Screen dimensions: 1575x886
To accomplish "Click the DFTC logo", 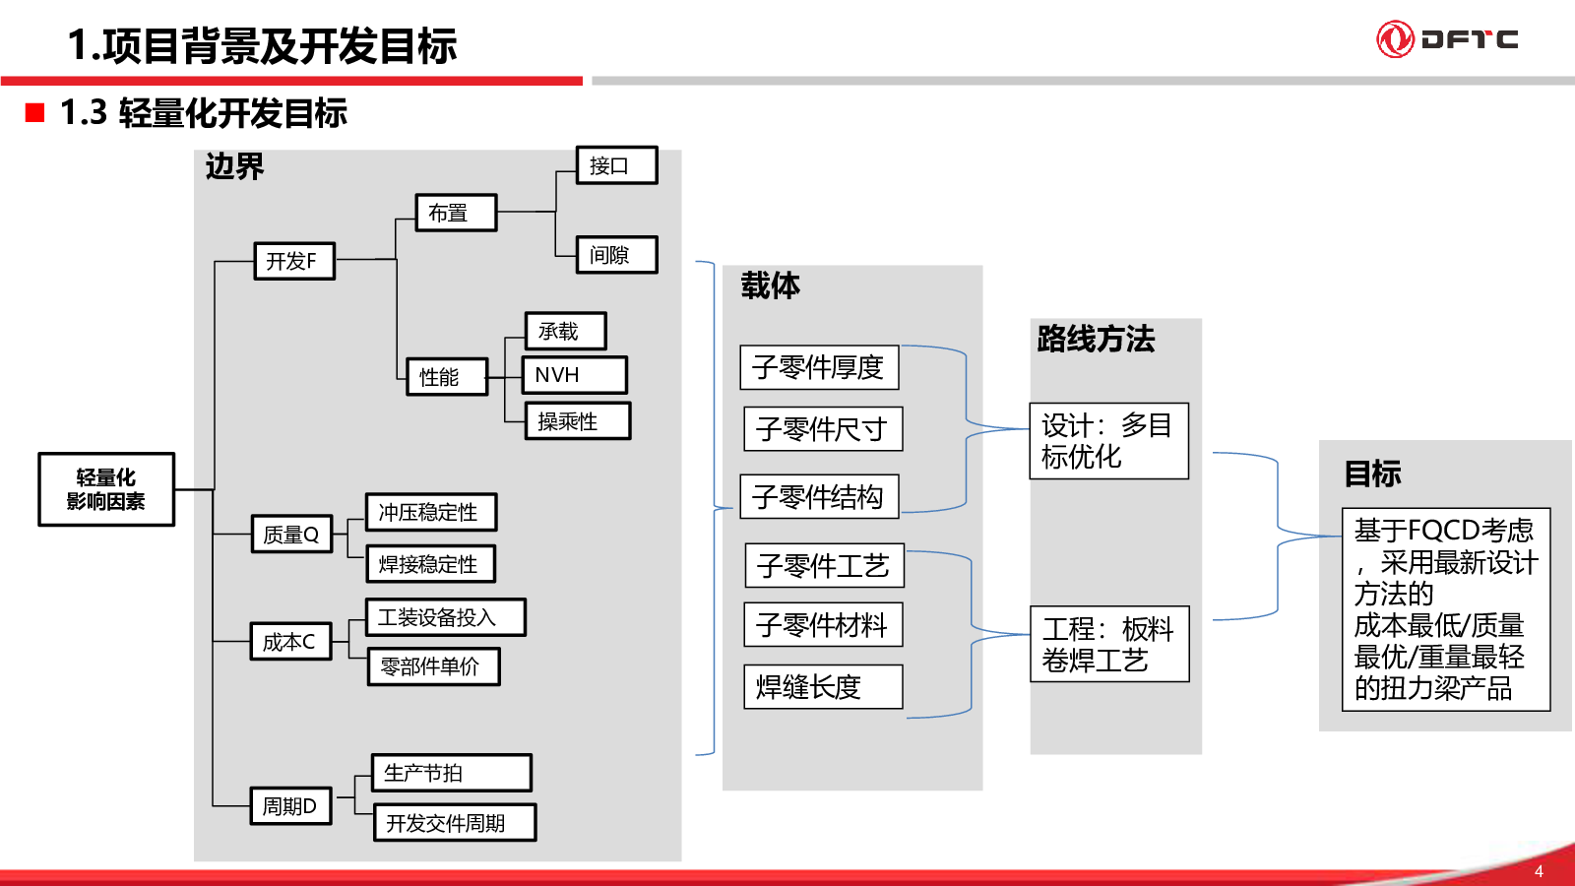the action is [x=1447, y=38].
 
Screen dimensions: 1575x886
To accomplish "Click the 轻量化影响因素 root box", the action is [x=106, y=489].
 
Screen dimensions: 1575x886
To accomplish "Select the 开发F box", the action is [x=294, y=261].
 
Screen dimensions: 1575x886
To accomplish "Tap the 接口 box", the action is [x=616, y=165].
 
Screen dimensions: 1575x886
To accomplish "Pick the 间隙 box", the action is [x=616, y=255].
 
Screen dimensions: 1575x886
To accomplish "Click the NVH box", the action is [x=575, y=375].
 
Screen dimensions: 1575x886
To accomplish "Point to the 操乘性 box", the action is [x=578, y=421].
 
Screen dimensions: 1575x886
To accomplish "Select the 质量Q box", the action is [x=291, y=534].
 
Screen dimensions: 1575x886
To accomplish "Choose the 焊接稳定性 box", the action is [x=431, y=564].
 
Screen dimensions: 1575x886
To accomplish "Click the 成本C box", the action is [x=291, y=641].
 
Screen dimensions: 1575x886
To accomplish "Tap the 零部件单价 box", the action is [x=434, y=666].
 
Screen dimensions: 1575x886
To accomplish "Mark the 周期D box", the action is [x=291, y=806].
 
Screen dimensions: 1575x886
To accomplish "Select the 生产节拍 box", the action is [x=452, y=773].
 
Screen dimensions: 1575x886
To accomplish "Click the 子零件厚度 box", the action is [x=819, y=367].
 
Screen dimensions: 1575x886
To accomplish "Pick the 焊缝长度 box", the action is [x=823, y=686].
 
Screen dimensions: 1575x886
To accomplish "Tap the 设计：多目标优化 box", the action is [x=1108, y=441].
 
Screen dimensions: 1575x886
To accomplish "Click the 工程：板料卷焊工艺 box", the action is [x=1109, y=644].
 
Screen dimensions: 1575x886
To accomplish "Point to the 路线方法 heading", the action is [x=1096, y=339].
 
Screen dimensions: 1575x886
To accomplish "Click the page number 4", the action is [x=1539, y=871].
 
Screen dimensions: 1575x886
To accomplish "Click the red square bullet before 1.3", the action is [x=34, y=112].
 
